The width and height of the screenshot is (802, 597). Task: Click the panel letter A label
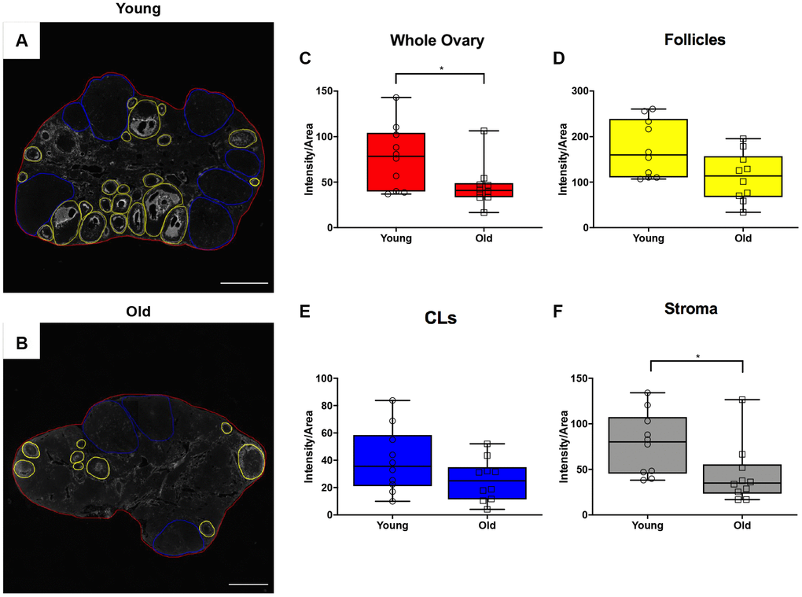click(22, 42)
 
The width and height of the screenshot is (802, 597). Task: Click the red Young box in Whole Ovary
click(395, 162)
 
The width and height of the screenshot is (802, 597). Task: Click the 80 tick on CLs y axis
click(318, 406)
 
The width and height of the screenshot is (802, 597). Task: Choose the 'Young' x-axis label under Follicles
click(648, 238)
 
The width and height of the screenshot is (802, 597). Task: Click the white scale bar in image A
click(245, 282)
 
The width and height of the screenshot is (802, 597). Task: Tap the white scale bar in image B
click(249, 584)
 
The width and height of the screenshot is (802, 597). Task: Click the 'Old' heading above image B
click(138, 311)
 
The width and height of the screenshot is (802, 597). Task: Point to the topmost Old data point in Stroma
click(742, 400)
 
